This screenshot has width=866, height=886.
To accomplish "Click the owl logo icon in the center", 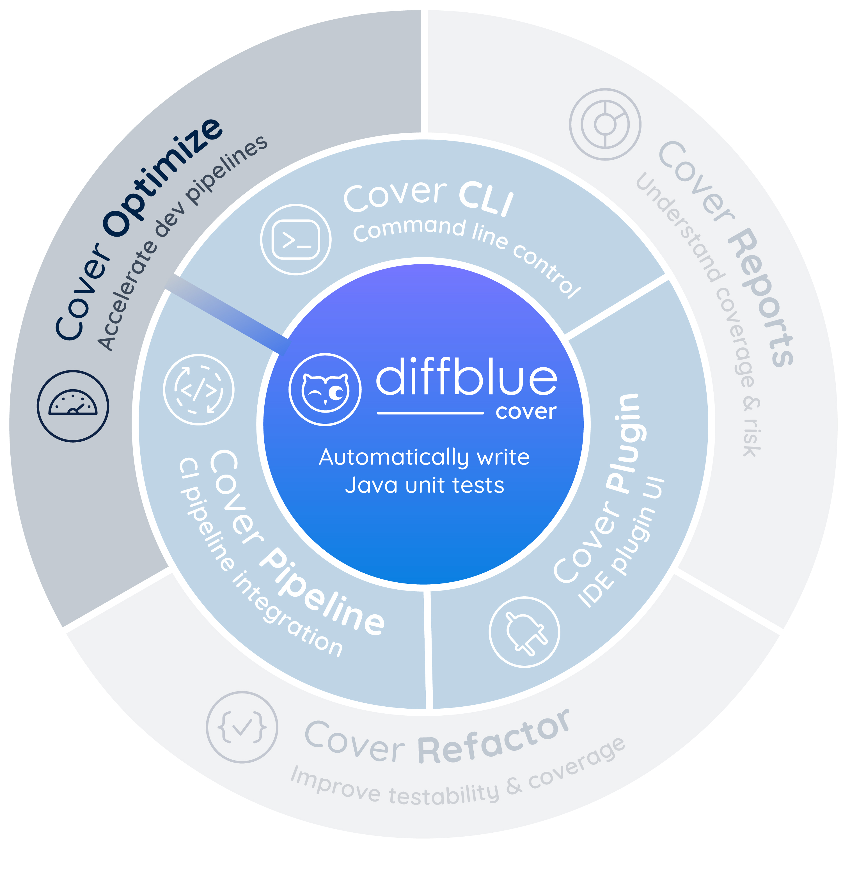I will [x=325, y=389].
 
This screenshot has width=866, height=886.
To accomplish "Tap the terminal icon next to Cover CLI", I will [x=296, y=239].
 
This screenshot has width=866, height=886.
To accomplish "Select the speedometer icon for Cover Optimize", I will [x=73, y=406].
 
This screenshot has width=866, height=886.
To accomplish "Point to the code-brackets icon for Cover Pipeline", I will [x=199, y=389].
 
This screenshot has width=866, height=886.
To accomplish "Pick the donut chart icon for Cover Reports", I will [x=605, y=124].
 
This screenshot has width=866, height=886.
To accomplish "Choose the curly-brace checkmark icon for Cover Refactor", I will [x=242, y=727].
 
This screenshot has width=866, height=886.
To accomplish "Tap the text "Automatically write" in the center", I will [x=424, y=457].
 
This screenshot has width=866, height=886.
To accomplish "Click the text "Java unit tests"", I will [x=424, y=485].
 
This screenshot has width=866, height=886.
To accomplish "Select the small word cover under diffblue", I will [x=526, y=412].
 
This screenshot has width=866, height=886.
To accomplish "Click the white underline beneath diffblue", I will [x=430, y=413].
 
